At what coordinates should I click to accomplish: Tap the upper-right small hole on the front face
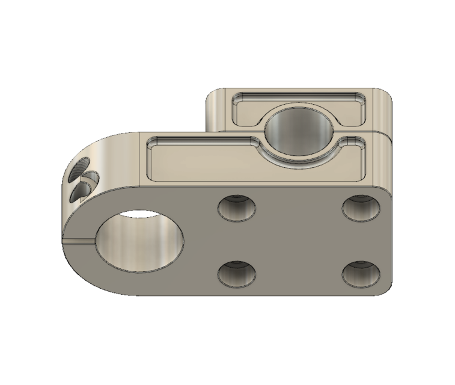[361, 208]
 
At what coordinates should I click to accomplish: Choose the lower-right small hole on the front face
[361, 274]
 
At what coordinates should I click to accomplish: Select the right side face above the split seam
[385, 111]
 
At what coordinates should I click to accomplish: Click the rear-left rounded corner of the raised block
[212, 96]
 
